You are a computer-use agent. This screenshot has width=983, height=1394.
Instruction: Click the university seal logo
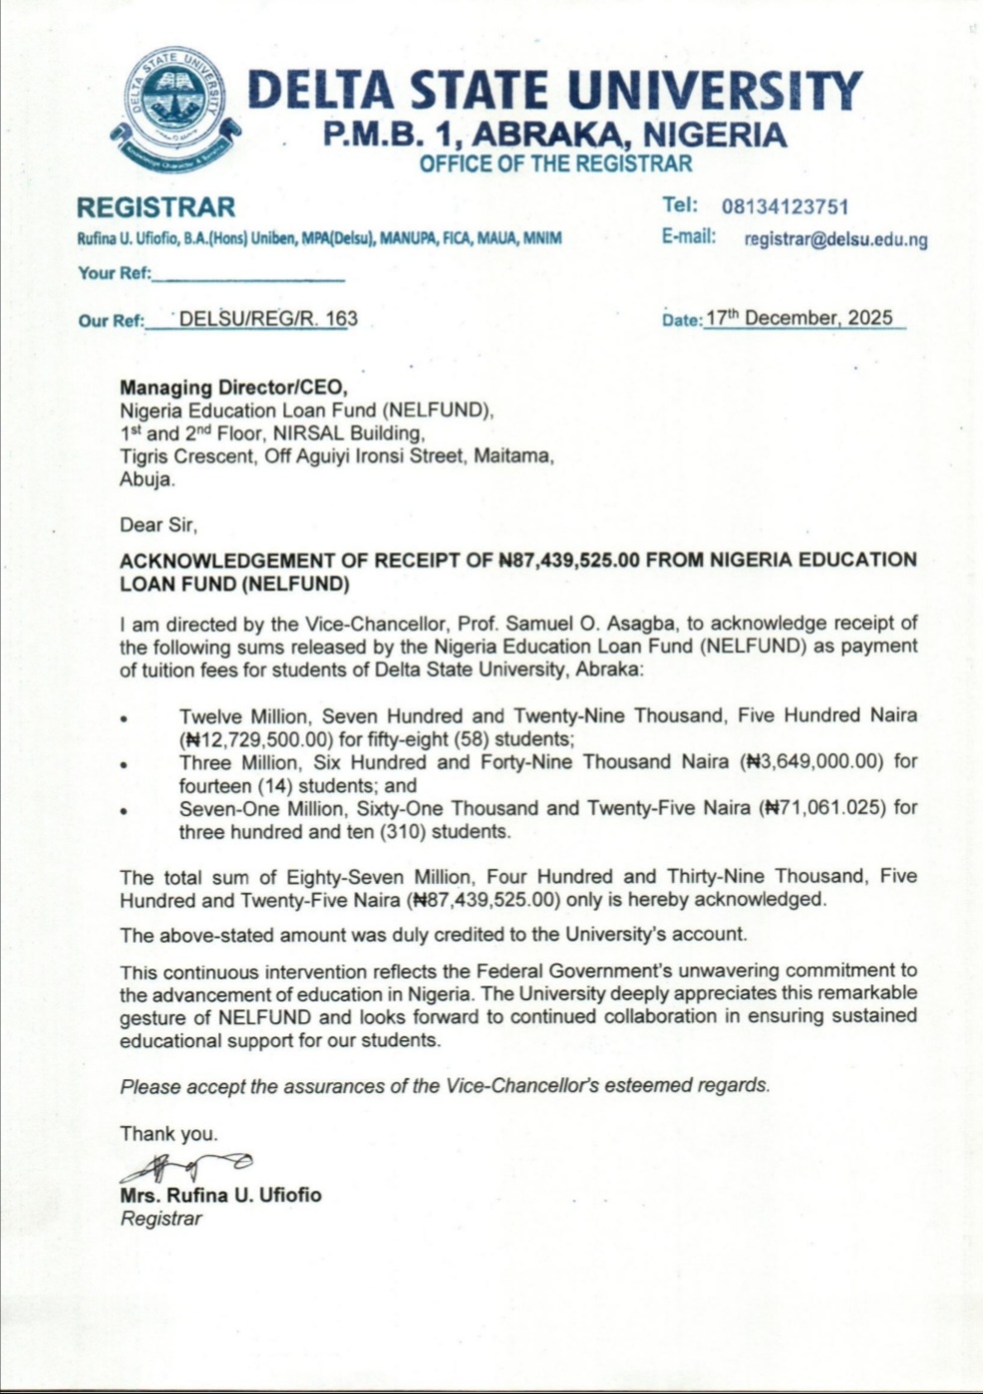[175, 106]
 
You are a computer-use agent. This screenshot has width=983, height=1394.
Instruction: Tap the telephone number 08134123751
[785, 206]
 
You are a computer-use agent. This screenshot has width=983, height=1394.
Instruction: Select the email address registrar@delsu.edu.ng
[835, 239]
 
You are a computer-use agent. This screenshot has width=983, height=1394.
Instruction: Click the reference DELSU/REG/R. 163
[267, 319]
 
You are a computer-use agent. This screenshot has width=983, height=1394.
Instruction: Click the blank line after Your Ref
[248, 275]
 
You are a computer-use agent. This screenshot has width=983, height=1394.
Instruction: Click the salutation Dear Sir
[159, 524]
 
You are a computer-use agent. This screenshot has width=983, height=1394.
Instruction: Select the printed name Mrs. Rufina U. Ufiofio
[220, 1195]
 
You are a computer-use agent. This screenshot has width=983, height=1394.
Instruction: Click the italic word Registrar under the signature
[161, 1219]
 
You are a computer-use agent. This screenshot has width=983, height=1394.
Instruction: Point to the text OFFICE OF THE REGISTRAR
[555, 164]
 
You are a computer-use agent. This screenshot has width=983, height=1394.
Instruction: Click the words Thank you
[167, 1133]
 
